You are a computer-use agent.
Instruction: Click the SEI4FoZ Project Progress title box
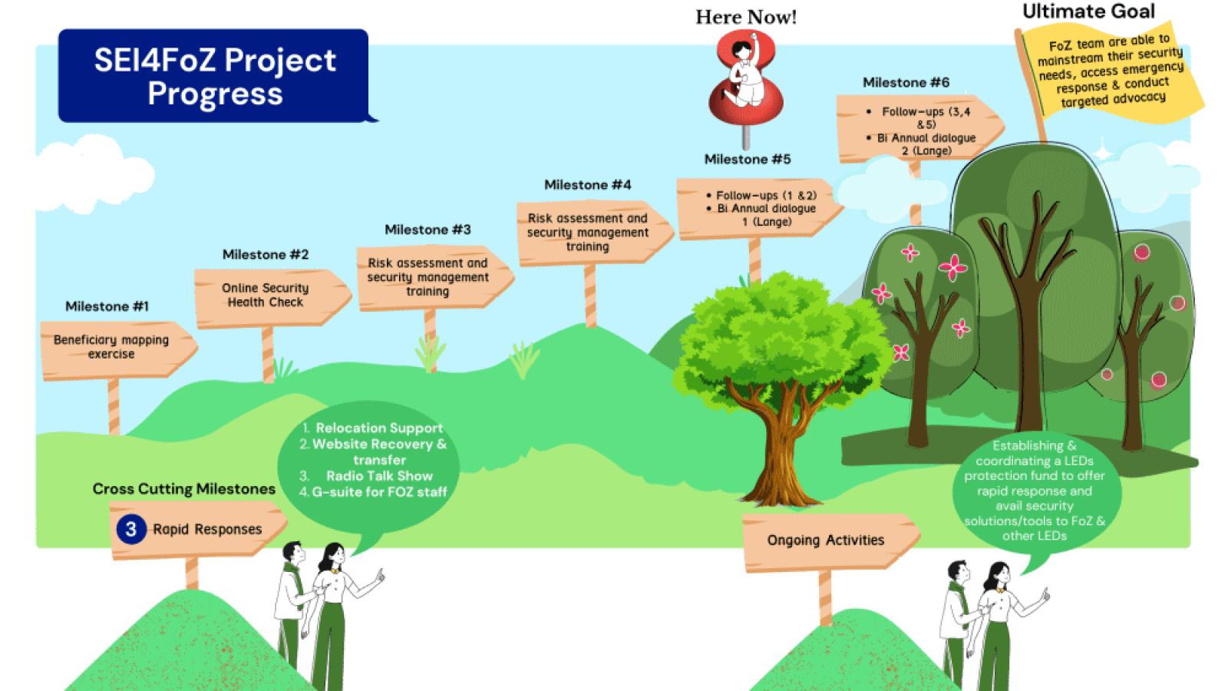(214, 76)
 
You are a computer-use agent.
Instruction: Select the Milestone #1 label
(107, 306)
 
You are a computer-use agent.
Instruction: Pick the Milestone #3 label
(427, 230)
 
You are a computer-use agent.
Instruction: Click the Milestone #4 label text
(587, 185)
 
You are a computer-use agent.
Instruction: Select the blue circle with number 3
(131, 529)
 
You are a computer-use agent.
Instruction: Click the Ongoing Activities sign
(827, 541)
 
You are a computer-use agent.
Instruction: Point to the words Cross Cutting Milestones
(183, 489)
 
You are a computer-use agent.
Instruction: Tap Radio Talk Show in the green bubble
(379, 476)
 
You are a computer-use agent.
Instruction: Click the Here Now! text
(746, 17)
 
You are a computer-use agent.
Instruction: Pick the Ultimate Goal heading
(1088, 12)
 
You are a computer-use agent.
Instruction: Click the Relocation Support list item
(379, 428)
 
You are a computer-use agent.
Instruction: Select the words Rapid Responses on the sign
(207, 529)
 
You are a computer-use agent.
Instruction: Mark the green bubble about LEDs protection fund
(1035, 491)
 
